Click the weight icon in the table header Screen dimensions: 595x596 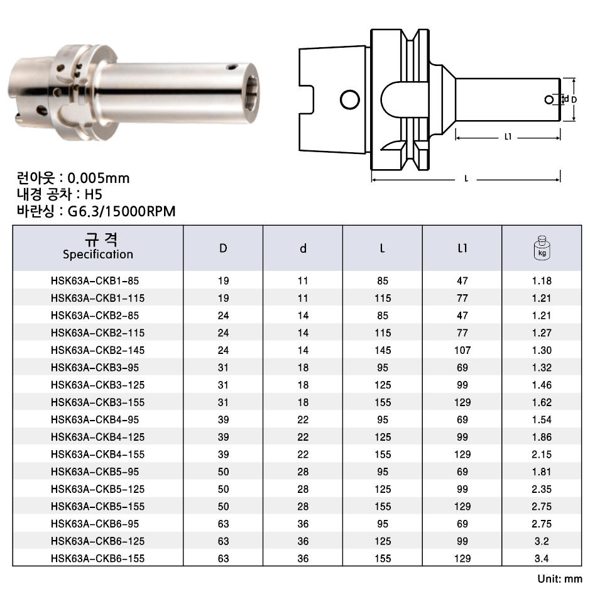click(542, 248)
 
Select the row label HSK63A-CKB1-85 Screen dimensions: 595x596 click(95, 281)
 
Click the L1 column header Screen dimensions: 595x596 click(462, 248)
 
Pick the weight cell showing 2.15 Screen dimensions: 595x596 click(542, 454)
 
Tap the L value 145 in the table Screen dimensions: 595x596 click(383, 350)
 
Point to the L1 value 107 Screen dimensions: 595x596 click(462, 350)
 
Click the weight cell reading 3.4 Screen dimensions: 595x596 click(542, 558)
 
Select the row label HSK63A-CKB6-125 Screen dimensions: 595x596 click(97, 541)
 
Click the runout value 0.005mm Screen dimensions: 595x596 click(99, 178)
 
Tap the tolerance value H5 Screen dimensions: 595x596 click(93, 194)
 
